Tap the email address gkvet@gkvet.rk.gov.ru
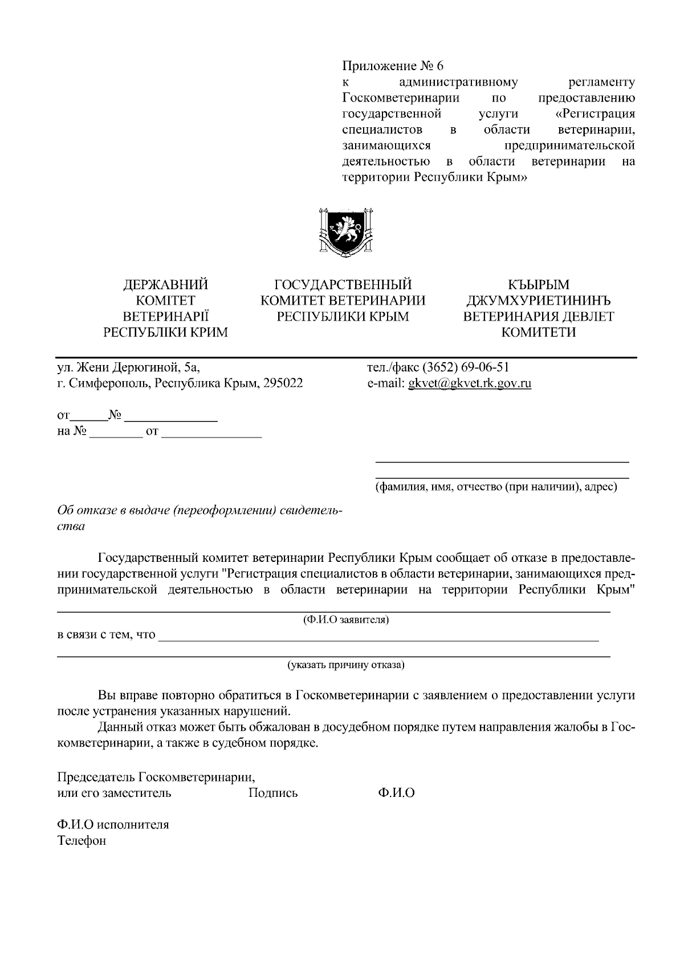click(470, 383)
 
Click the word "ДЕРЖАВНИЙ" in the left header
click(165, 285)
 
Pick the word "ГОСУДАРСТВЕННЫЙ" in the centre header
click(343, 285)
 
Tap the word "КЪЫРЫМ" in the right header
click(538, 285)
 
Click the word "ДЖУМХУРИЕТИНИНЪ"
click(538, 301)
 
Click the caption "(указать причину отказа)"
click(345, 665)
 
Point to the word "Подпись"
click(273, 793)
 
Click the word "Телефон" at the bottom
click(82, 841)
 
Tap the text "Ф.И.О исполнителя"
click(113, 825)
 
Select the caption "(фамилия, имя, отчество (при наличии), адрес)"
click(496, 488)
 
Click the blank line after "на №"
click(116, 436)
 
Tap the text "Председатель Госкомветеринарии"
click(156, 777)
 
